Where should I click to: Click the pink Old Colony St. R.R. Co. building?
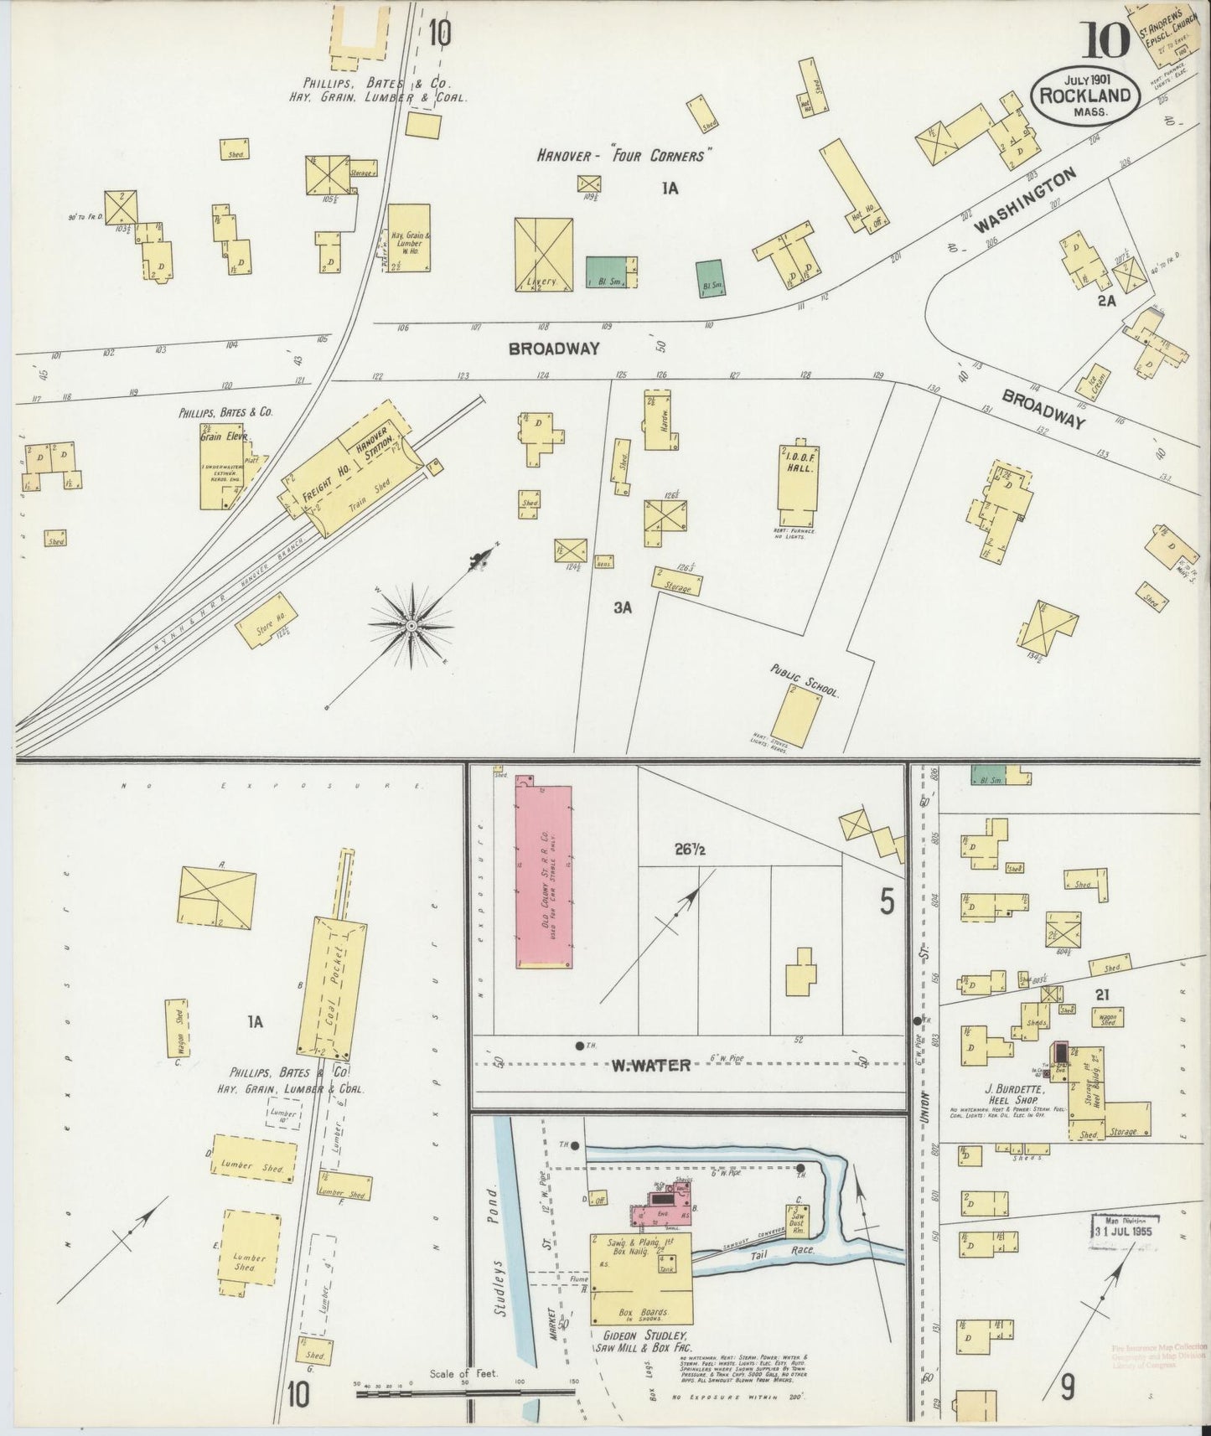pyautogui.click(x=544, y=876)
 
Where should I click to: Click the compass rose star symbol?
pyautogui.click(x=411, y=626)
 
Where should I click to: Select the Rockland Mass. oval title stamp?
pyautogui.click(x=1086, y=96)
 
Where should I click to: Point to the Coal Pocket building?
pyautogui.click(x=331, y=986)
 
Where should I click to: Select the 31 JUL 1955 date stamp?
pyautogui.click(x=1123, y=1231)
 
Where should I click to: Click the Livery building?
pyautogui.click(x=543, y=254)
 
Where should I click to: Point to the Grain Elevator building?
pyautogui.click(x=221, y=465)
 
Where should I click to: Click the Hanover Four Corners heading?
pyautogui.click(x=624, y=155)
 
